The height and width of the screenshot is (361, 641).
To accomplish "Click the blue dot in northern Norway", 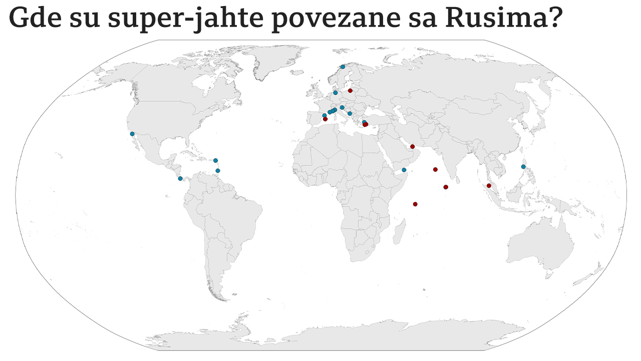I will coord(343,67).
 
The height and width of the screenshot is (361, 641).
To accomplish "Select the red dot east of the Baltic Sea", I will coord(351,91).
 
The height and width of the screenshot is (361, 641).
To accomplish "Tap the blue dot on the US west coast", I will coord(132,134).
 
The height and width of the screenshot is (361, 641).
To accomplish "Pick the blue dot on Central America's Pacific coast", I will coord(180,178).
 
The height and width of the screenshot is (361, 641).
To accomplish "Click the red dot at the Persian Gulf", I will coord(412,146).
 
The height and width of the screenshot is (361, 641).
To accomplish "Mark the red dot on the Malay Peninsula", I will coord(489,186).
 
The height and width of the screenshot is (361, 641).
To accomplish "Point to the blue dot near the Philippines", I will coord(523,166).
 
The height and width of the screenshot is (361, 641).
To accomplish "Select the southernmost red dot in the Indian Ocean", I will coord(415,204).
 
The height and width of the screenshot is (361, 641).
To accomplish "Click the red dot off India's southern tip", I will coord(446,187).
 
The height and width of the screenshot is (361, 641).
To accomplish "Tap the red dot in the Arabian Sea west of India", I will coord(435,169).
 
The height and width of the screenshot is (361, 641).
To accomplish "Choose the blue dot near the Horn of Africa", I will coord(404,170).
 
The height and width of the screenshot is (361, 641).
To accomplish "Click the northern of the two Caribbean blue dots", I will coord(215,160).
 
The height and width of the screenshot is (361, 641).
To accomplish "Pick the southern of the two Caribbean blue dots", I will coord(218,170).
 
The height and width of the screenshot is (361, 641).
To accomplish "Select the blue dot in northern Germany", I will coord(336,93).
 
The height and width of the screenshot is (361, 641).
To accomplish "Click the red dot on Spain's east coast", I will coord(326,119).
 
